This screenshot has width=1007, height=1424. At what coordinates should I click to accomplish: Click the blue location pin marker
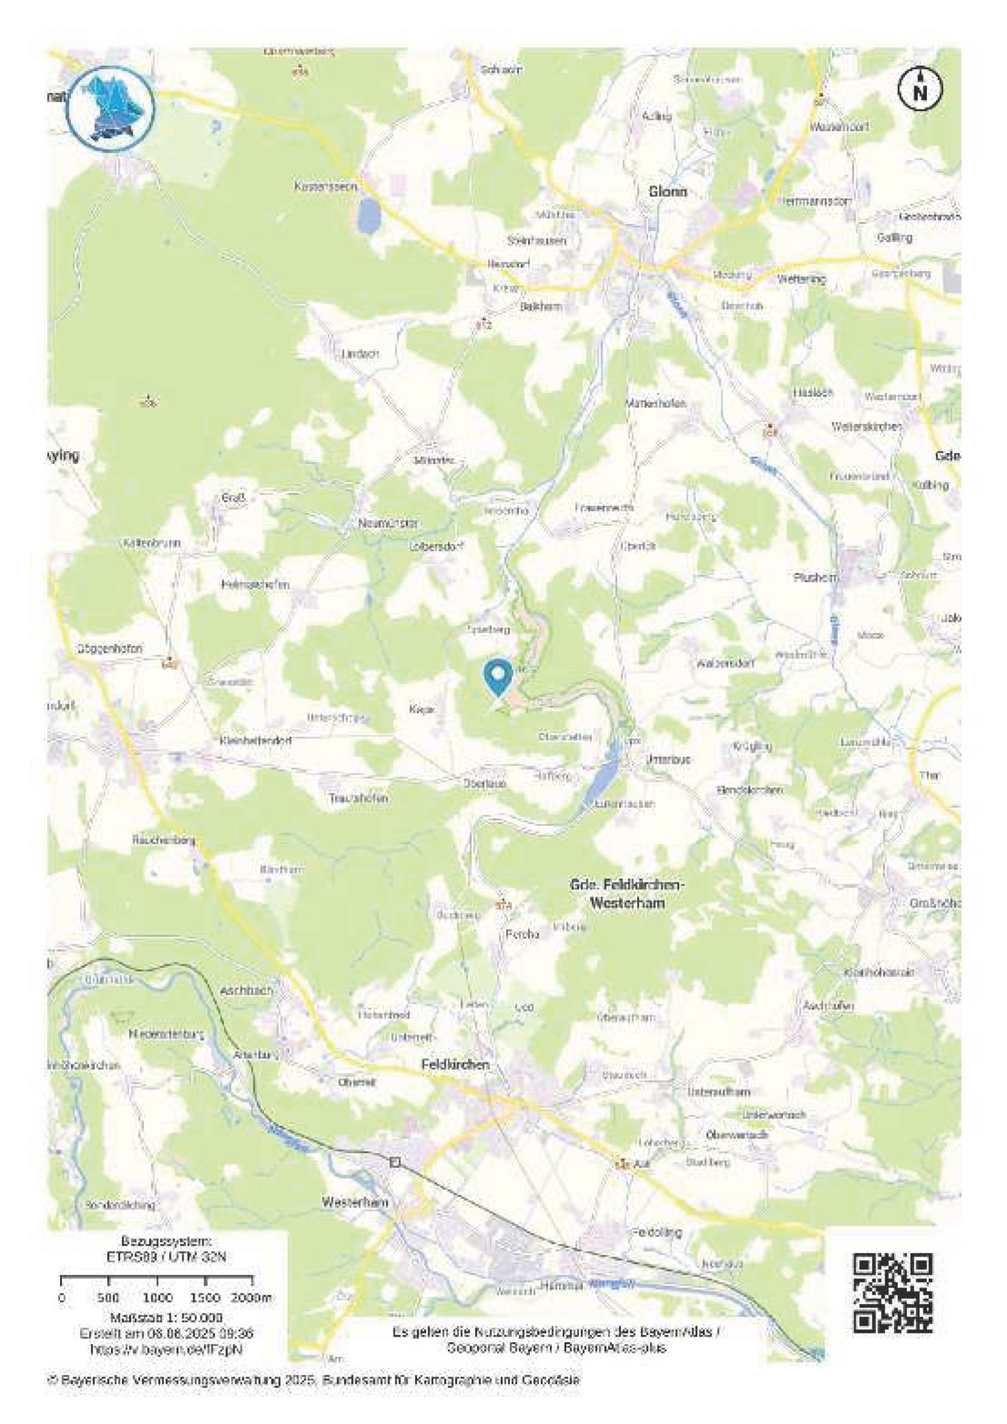[x=497, y=677]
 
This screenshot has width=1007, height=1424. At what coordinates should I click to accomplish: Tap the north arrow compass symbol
[x=920, y=88]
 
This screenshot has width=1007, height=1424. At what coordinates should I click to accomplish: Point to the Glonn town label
[x=668, y=192]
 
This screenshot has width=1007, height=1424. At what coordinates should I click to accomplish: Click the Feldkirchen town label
[x=455, y=1064]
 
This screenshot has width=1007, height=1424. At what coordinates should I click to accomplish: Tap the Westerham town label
[x=355, y=1202]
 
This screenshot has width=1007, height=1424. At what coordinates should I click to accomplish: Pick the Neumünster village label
[x=388, y=523]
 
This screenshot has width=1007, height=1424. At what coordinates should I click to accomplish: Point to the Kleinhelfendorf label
[x=255, y=741]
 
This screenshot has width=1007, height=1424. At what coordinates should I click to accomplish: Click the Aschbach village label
[x=246, y=990]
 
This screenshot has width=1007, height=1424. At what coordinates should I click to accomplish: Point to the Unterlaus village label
[x=668, y=759]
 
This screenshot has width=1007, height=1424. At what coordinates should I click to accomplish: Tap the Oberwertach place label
[x=737, y=1133]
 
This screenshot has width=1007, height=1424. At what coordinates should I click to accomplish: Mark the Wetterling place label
[x=801, y=279]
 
